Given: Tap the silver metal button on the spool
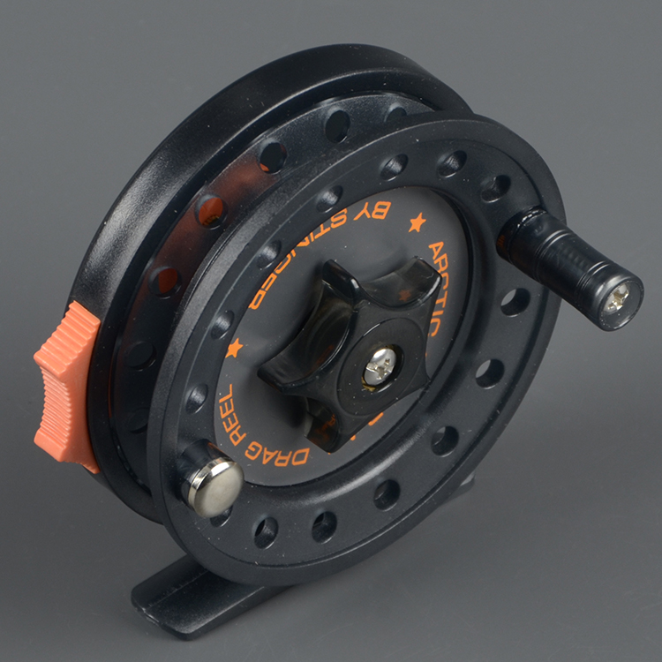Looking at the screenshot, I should point(213,485).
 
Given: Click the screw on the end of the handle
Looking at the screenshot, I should point(620,298).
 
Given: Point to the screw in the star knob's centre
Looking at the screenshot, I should point(381,365).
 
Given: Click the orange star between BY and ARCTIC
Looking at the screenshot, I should point(417,222).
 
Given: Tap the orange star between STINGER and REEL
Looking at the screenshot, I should point(235,348).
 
